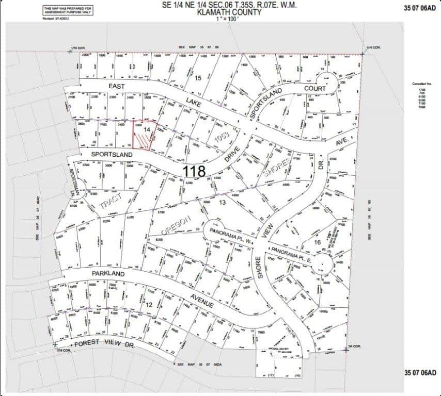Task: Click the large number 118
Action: [x=194, y=171]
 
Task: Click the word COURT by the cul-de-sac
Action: [x=315, y=88]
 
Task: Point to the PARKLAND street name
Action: [x=108, y=274]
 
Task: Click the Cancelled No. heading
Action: [x=421, y=83]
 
